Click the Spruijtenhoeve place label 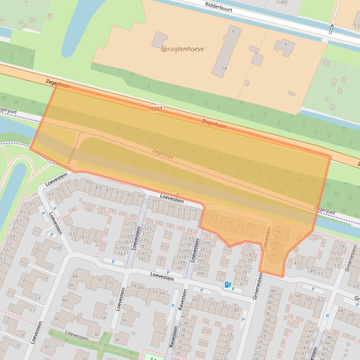point(182,49)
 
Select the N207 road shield point(156,108)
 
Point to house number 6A point(225,68)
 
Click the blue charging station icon point(228,284)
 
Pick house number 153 point(71,234)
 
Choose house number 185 point(143,259)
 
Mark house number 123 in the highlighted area point(213,216)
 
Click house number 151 point(271,260)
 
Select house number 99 point(140,196)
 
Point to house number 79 point(88,182)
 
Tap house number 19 point(59,248)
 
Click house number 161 point(96,241)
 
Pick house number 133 point(239,224)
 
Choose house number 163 point(122,253)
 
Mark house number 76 point(224,307)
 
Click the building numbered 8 point(286,45)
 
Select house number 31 point(242,283)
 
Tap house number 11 point(32,310)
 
